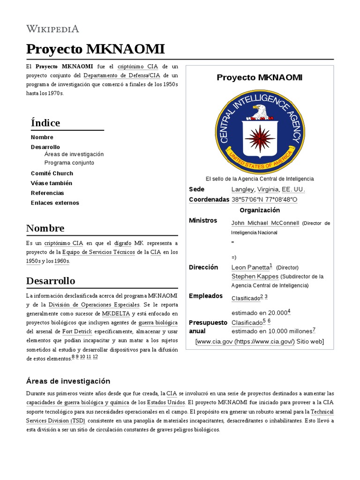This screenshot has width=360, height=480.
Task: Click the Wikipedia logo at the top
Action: [52, 29]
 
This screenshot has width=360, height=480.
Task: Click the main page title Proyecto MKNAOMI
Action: [95, 49]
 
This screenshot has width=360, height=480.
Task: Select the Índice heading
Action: [45, 123]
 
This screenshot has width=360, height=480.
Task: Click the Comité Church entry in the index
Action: [52, 173]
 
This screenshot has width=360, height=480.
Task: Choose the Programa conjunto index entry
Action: [69, 163]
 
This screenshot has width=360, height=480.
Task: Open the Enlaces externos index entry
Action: [55, 203]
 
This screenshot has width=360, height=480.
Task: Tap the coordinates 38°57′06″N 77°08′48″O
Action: [264, 200]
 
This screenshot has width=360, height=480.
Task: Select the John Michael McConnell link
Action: [265, 223]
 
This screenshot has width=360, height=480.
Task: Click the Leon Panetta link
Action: [250, 267]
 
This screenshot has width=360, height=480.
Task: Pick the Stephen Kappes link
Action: [255, 277]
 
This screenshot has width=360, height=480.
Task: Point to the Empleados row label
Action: [206, 296]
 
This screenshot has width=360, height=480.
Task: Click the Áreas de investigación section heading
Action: [68, 381]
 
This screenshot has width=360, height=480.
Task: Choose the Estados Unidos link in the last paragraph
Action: [166, 403]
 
